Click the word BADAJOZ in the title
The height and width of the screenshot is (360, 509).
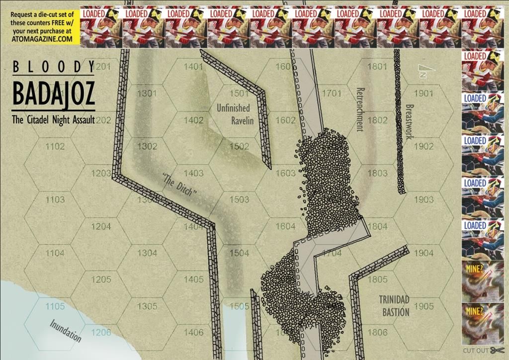54,94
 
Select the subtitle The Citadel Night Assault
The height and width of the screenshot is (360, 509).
54,119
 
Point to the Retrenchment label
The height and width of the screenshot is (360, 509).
360,109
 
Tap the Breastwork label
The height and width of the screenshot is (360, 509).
410,122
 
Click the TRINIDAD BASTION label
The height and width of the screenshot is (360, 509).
394,305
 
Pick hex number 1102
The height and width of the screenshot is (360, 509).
55,147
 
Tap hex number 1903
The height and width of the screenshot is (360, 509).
424,200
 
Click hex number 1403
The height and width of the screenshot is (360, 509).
193,174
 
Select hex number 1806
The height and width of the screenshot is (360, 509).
378,332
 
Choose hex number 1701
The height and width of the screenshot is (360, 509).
332,93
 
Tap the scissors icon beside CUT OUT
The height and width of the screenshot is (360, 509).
494,351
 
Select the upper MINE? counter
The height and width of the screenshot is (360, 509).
482,281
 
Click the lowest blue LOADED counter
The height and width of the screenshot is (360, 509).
482,239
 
